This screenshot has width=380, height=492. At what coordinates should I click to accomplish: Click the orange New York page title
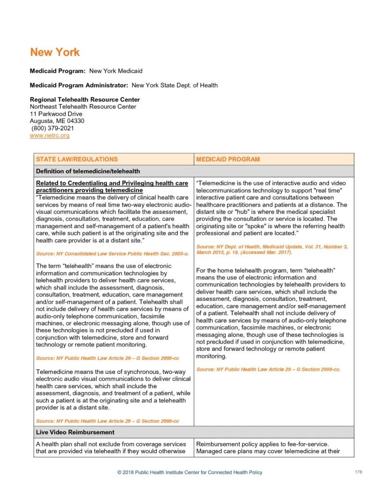(55, 52)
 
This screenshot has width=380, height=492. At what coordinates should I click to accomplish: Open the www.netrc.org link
(49, 135)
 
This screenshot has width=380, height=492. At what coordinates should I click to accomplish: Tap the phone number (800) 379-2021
(53, 128)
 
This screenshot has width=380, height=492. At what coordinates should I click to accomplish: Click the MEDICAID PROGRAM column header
(228, 159)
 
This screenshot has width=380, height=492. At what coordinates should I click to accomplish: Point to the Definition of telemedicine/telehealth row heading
(88, 171)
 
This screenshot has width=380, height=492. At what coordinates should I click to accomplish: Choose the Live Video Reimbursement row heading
(75, 432)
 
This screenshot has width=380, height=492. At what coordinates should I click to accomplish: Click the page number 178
(358, 472)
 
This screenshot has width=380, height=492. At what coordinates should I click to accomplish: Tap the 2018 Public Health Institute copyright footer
(190, 472)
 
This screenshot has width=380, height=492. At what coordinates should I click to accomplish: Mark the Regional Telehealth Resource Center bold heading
(85, 99)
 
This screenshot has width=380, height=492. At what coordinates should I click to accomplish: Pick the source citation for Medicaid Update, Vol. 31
(272, 249)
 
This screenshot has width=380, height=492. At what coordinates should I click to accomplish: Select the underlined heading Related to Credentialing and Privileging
(112, 186)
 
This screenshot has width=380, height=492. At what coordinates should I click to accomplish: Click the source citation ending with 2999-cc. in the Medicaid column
(268, 369)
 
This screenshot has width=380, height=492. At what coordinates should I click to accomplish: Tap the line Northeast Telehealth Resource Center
(83, 107)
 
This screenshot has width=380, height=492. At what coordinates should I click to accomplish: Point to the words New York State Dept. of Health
(174, 85)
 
